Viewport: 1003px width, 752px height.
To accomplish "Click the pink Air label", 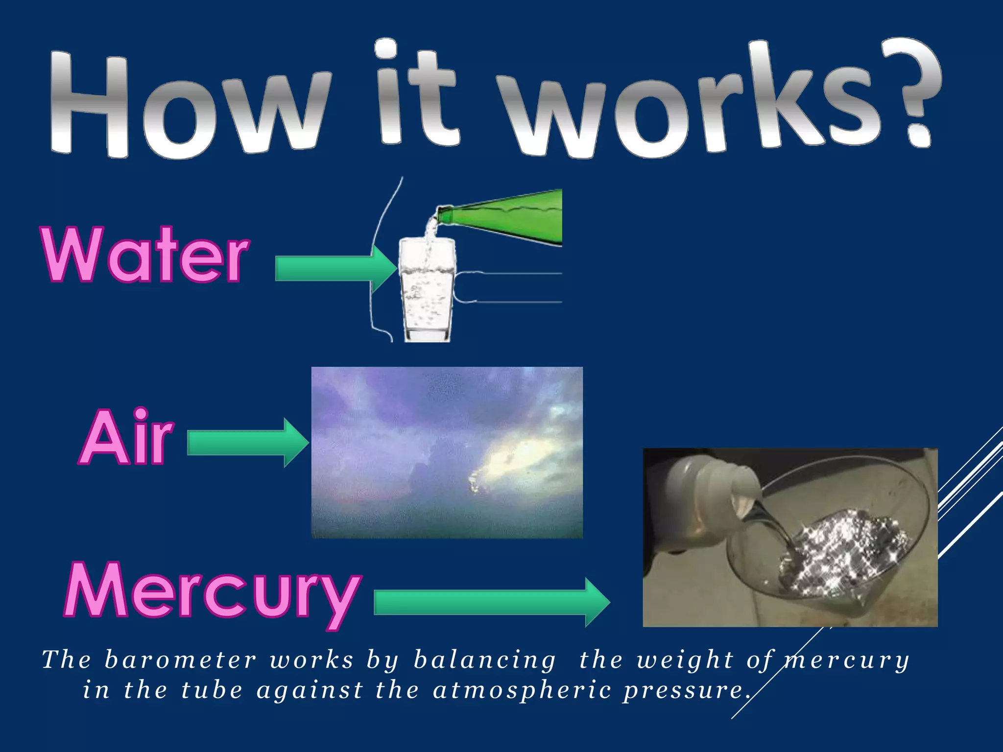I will point(126,437).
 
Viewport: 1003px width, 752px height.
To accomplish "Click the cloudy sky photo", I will point(447,452).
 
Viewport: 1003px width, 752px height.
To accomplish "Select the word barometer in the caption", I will point(180,660).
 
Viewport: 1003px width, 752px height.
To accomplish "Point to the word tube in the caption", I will point(212,690).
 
